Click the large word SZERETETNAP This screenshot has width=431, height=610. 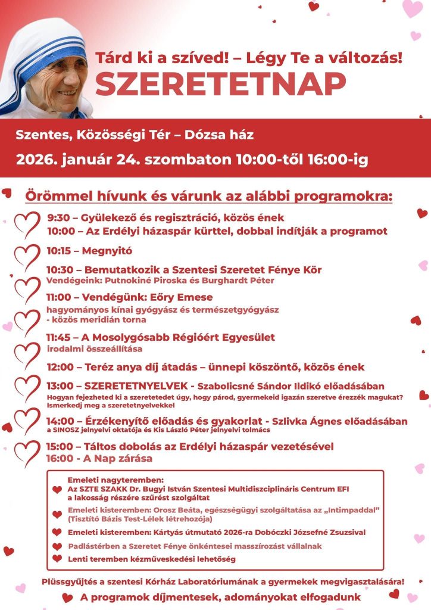220,85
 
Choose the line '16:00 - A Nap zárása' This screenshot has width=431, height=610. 99,459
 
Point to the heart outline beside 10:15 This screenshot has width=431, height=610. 27,255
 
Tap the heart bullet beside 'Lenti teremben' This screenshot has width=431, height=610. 57,559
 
